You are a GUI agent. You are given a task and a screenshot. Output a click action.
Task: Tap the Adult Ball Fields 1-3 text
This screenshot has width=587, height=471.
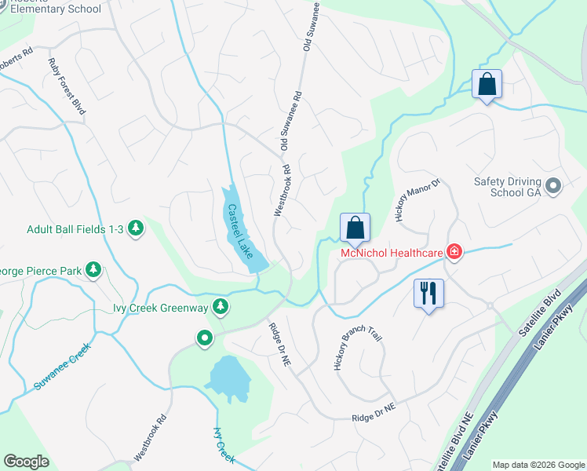tap(75, 228)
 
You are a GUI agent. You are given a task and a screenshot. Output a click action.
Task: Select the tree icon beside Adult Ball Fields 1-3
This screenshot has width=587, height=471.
tap(136, 228)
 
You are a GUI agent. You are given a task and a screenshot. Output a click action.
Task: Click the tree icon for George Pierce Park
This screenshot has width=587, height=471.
tap(93, 271)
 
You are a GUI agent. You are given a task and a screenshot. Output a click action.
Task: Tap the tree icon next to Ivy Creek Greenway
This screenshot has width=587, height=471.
tap(222, 305)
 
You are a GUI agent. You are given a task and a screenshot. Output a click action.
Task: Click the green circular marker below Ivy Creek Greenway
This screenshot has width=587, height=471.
tap(205, 338)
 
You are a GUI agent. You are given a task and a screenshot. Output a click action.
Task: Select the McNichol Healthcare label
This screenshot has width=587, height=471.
tap(391, 252)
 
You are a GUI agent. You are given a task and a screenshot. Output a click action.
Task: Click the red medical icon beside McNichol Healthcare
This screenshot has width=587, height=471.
tap(453, 252)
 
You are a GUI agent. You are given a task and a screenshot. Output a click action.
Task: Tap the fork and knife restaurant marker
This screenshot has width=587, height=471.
tap(428, 294)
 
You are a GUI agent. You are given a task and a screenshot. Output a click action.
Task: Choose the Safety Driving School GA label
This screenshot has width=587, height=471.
tap(508, 186)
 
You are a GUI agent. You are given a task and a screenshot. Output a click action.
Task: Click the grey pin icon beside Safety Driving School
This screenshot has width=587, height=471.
tap(554, 186)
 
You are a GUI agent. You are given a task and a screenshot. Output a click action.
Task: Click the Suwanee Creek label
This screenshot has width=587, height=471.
tap(63, 367)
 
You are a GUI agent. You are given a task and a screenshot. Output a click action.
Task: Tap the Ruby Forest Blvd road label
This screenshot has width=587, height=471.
tap(66, 86)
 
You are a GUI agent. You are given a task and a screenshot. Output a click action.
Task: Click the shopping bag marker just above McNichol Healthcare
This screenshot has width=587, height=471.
tap(355, 228)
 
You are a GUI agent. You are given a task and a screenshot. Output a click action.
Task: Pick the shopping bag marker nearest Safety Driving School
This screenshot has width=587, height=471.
tap(487, 84)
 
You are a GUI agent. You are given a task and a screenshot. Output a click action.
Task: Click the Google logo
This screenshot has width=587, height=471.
tap(27, 462)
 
